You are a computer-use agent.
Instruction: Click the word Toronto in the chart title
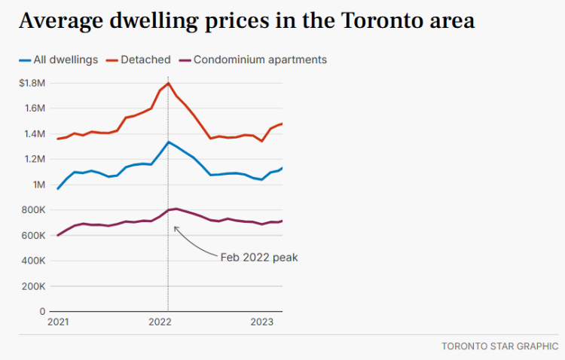380,20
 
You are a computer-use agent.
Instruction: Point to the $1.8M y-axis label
33,83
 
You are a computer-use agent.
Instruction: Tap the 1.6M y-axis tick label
35,108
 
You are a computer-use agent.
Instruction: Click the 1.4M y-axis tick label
35,134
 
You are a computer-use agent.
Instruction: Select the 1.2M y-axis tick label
35,159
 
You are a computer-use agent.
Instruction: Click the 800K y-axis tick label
34,210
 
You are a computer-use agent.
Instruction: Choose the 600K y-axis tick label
34,236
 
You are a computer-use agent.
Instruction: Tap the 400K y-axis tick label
34,261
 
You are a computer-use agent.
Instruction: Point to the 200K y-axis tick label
34,286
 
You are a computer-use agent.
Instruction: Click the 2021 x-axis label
58,322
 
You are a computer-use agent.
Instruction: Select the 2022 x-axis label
160,322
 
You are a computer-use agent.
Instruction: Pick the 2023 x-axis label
261,322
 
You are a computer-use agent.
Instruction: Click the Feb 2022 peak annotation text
259,258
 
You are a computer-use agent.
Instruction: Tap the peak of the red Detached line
168,83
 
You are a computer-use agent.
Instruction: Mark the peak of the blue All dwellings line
168,142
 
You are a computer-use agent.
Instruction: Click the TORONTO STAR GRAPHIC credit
499,347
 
